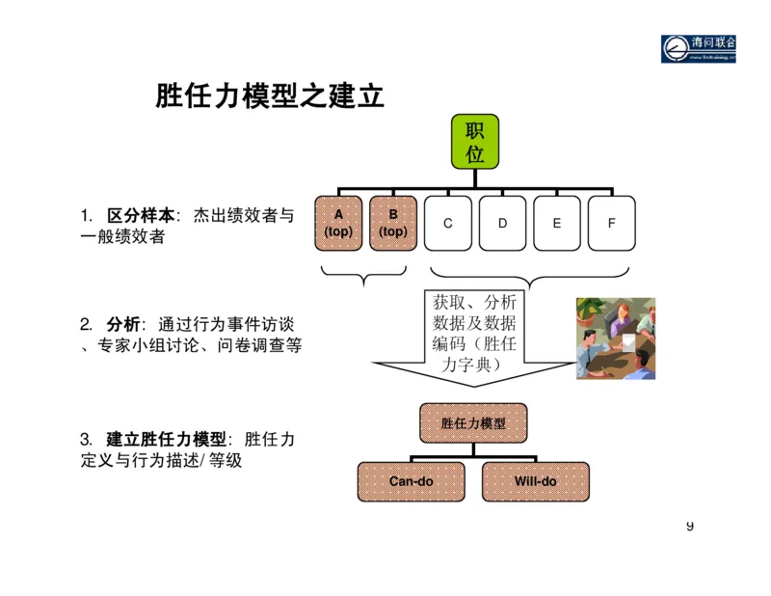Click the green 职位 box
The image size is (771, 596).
[x=474, y=143]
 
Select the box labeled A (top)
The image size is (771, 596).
[x=338, y=223]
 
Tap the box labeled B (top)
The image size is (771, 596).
[x=393, y=223]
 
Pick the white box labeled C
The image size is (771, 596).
[x=448, y=223]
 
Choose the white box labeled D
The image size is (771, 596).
[x=502, y=223]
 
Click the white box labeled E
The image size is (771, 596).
[x=557, y=223]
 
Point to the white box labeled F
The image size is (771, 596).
[x=611, y=223]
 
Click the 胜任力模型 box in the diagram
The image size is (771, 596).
[x=473, y=422]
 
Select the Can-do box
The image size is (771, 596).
[x=412, y=481]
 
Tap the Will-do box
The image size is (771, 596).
[x=535, y=481]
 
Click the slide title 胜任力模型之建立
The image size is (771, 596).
[x=270, y=96]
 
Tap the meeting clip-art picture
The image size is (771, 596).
[x=616, y=339]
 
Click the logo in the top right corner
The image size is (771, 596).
[x=697, y=49]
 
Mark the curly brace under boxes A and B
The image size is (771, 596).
[x=365, y=277]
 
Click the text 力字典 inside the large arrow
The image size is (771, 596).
[x=473, y=364]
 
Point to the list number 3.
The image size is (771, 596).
[x=86, y=440]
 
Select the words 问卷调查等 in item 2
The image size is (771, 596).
[x=261, y=344]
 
